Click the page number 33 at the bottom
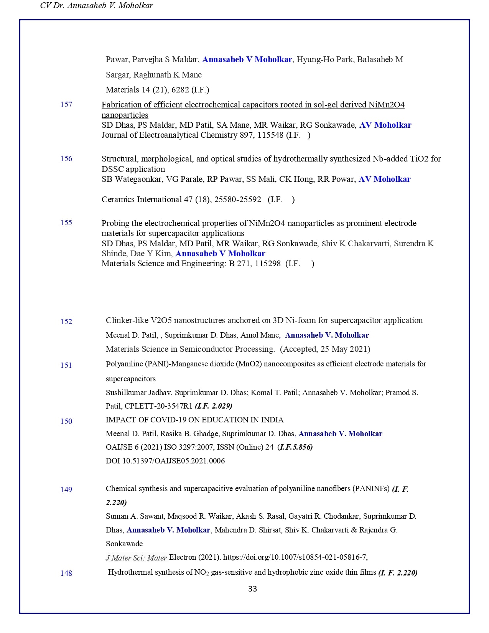[x=252, y=589]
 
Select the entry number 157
[x=66, y=104]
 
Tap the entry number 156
[x=66, y=158]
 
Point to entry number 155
[x=66, y=223]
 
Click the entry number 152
[x=66, y=321]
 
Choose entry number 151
[x=66, y=365]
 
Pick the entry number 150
[x=66, y=421]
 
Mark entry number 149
[x=66, y=490]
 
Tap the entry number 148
[x=66, y=573]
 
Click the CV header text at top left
[x=96, y=6]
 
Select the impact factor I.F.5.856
[x=296, y=447]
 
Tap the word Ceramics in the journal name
[x=118, y=199]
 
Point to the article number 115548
[x=270, y=135]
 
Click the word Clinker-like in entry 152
[x=127, y=320]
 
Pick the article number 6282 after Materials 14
[x=180, y=90]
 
